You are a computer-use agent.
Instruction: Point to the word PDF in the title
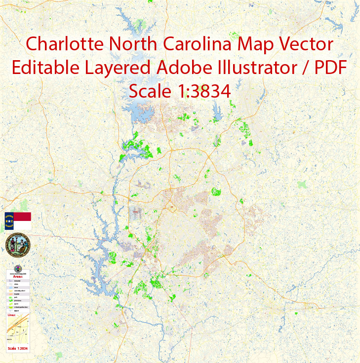(x=328, y=68)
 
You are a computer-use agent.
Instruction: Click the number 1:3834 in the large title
(x=200, y=91)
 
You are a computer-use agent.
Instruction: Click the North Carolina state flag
(x=17, y=221)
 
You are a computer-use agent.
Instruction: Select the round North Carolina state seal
(x=17, y=245)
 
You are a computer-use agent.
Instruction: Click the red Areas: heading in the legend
(x=18, y=277)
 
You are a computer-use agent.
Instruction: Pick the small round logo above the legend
(x=19, y=268)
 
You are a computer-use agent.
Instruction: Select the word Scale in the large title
(x=148, y=91)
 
